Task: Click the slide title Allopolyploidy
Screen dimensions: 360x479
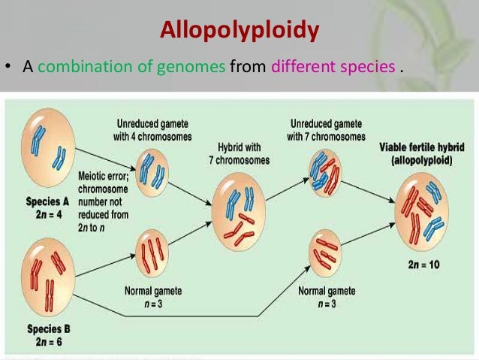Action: pyautogui.click(x=239, y=31)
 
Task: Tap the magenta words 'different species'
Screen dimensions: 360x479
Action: pyautogui.click(x=333, y=67)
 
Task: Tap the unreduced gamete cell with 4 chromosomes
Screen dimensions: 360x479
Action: pyautogui.click(x=153, y=167)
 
